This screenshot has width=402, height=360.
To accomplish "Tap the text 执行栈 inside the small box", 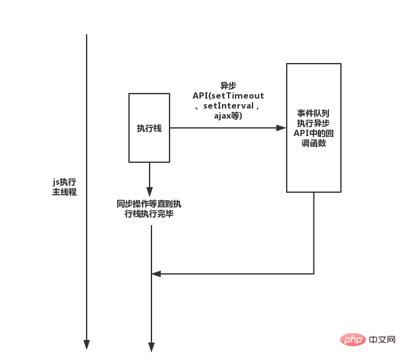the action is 149,128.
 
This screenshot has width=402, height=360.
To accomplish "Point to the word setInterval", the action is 228,105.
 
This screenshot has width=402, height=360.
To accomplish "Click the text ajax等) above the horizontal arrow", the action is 228,116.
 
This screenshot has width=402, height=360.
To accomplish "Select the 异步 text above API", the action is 228,85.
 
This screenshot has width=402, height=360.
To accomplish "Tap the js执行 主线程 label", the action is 64,187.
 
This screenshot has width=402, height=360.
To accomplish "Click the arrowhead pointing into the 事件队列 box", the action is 281,128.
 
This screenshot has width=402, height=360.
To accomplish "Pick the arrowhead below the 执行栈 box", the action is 150,192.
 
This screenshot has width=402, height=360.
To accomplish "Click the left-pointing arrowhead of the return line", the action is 156,274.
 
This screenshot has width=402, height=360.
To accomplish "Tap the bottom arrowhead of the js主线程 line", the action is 87,345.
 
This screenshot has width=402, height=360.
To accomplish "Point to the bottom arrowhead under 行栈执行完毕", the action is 151,347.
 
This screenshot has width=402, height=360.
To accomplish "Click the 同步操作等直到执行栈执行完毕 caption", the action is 149,209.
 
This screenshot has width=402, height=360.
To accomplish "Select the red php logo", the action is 353,340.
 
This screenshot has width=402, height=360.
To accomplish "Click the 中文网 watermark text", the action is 382,340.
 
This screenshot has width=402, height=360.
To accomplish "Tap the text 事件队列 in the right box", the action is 313,113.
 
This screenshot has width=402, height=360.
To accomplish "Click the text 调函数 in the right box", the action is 313,143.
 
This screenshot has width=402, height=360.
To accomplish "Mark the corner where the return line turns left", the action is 313,274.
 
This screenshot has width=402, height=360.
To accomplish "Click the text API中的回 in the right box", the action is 313,133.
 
